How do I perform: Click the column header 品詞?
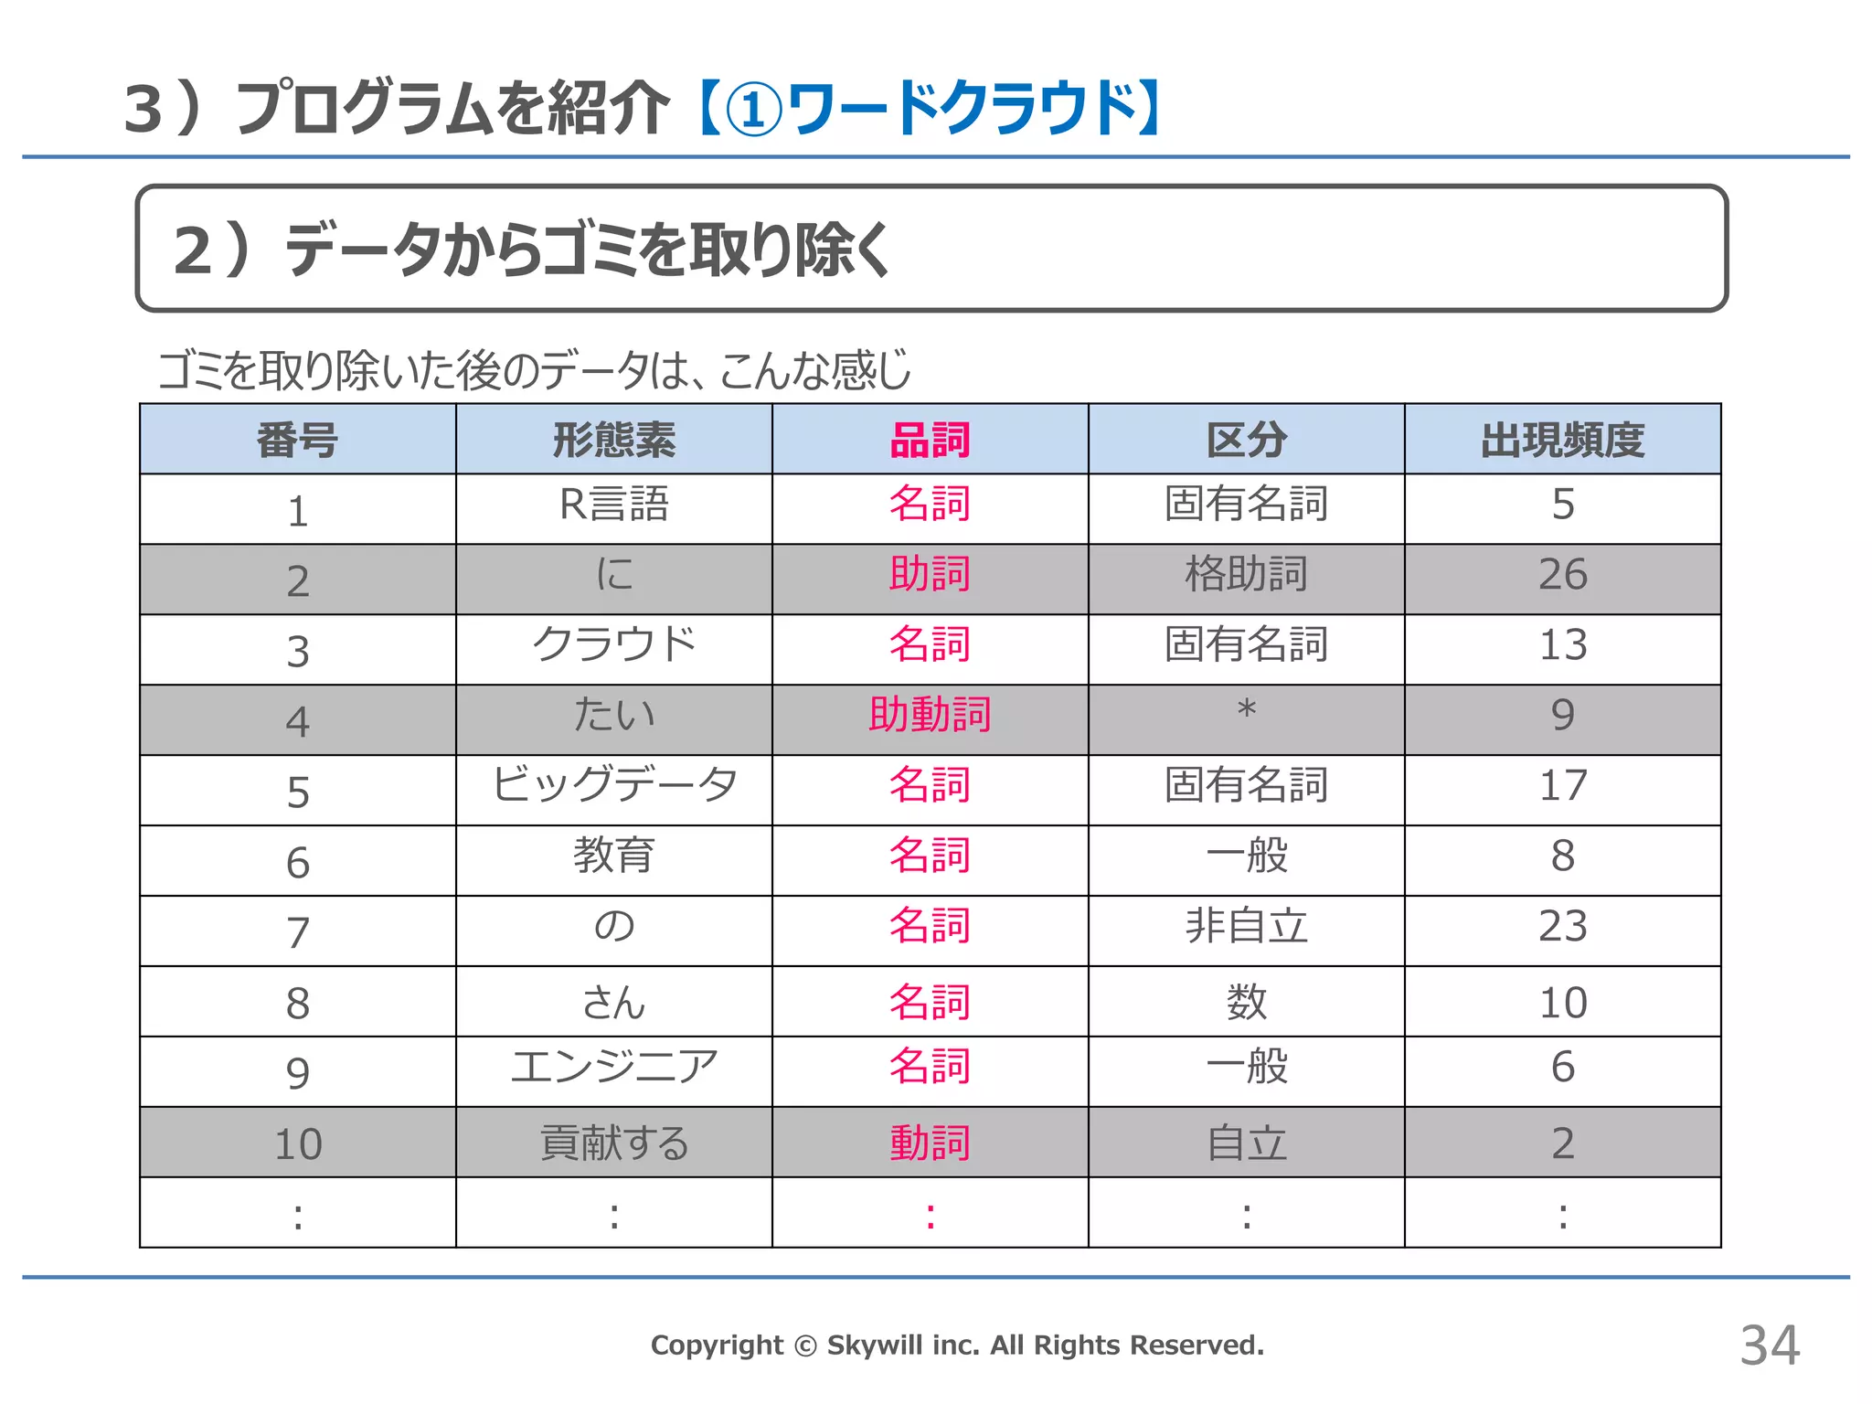[930, 440]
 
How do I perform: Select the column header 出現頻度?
[1562, 440]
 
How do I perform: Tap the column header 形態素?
[613, 440]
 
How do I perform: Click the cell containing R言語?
[613, 505]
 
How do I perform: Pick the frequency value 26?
[1562, 575]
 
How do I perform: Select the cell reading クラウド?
[613, 644]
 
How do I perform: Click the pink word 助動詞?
[930, 715]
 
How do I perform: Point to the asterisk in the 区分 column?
[1246, 709]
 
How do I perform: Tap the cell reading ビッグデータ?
[613, 785]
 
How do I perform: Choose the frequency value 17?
[1562, 785]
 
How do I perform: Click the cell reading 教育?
[613, 856]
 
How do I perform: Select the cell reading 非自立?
[1246, 926]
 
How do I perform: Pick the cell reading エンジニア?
[613, 1067]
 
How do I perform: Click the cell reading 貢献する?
[613, 1143]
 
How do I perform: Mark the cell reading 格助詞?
[1246, 575]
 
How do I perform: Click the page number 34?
[1769, 1345]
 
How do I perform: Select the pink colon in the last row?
[930, 1216]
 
